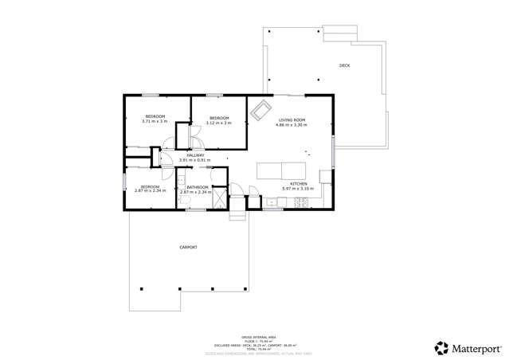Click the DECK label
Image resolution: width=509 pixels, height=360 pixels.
344,65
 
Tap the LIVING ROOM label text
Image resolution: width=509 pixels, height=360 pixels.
292,119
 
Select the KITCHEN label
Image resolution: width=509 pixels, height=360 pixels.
299,183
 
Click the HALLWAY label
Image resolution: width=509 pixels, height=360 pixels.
195,155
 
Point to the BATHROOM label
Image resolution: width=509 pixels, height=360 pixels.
197,187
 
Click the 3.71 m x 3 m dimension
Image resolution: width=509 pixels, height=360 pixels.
155,122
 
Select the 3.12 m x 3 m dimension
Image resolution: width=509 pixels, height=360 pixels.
218,123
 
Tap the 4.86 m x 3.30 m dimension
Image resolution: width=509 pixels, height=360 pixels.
292,124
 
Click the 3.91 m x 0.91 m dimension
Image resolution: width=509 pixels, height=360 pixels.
195,160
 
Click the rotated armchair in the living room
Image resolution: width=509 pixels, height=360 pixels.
260,112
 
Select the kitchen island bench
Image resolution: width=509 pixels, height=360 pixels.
281,169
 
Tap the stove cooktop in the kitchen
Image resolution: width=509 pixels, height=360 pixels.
303,202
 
